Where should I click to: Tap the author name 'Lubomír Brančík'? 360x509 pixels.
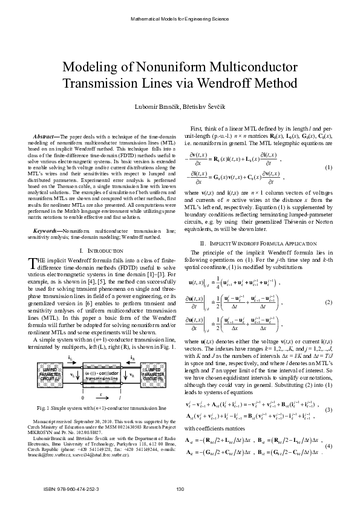click(x=160, y=106)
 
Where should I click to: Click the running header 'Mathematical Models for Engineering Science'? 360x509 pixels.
click(x=180, y=19)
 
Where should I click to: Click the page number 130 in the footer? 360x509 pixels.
click(x=180, y=489)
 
